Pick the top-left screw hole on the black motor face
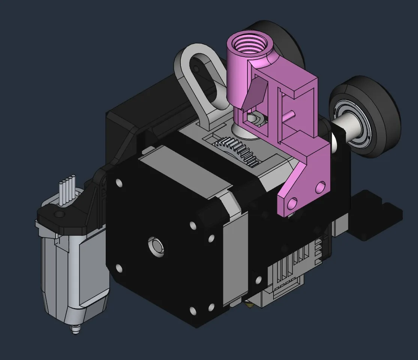[119, 183]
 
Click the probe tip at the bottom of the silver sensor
[76, 329]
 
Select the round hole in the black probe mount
[59, 214]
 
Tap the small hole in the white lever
[195, 69]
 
